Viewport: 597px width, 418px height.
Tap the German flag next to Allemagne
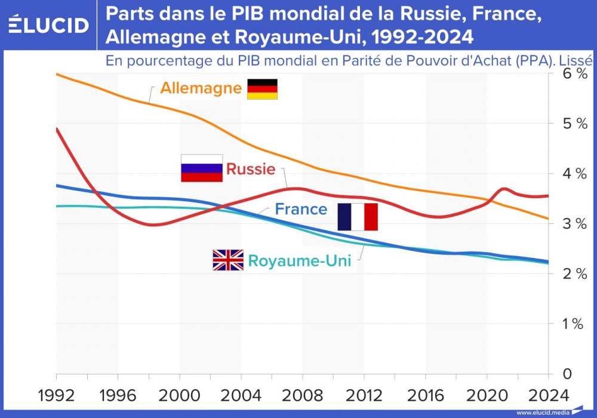coord(263,89)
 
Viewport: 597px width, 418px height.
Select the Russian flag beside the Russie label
coord(202,168)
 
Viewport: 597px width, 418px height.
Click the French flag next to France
coord(358,217)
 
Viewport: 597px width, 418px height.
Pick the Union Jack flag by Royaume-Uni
coord(228,260)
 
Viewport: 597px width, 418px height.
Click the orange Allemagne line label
coord(201,89)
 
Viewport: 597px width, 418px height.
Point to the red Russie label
coord(251,169)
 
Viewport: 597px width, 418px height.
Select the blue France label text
coord(301,210)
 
